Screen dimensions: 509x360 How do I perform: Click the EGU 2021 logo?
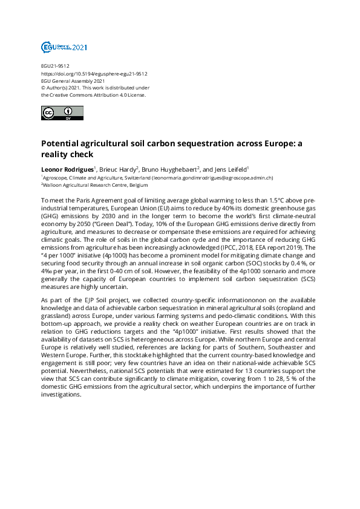(x=64, y=46)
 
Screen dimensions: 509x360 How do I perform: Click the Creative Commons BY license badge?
(x=59, y=113)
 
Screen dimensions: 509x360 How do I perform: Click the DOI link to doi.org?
(x=94, y=73)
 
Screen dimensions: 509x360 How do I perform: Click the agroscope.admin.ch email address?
(x=213, y=178)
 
